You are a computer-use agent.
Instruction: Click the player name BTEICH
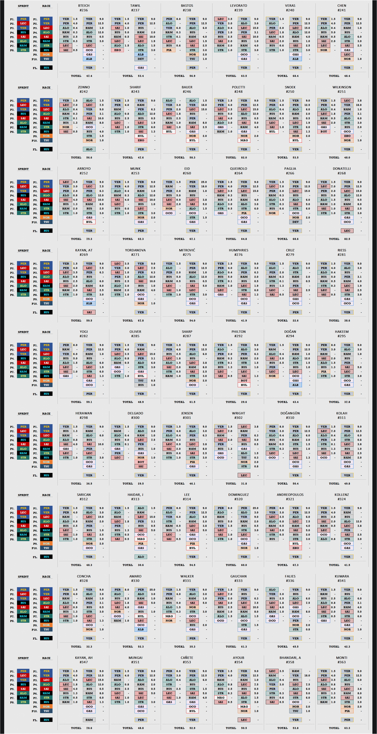point(84,6)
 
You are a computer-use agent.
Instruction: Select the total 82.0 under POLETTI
point(244,158)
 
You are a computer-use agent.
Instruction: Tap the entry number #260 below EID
point(187,173)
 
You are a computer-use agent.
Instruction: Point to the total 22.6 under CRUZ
point(296,321)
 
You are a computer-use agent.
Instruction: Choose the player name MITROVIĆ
point(187,250)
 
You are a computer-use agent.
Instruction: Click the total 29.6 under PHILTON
point(244,402)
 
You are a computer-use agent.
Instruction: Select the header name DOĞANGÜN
point(290,413)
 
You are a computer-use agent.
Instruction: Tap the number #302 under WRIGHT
point(238,418)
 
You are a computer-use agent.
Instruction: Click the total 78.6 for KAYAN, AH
point(89,728)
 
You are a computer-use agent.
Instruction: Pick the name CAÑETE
point(187,658)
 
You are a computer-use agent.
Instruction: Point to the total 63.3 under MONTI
point(347,728)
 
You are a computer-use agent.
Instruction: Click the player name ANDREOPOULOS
point(290,495)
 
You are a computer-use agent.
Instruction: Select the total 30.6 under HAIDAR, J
point(141,565)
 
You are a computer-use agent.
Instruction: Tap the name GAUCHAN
point(238,576)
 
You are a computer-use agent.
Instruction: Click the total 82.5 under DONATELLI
point(347,239)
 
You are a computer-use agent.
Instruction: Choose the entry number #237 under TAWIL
point(135,10)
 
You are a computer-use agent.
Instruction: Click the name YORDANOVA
point(135,250)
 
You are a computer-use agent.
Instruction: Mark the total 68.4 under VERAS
point(296,76)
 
